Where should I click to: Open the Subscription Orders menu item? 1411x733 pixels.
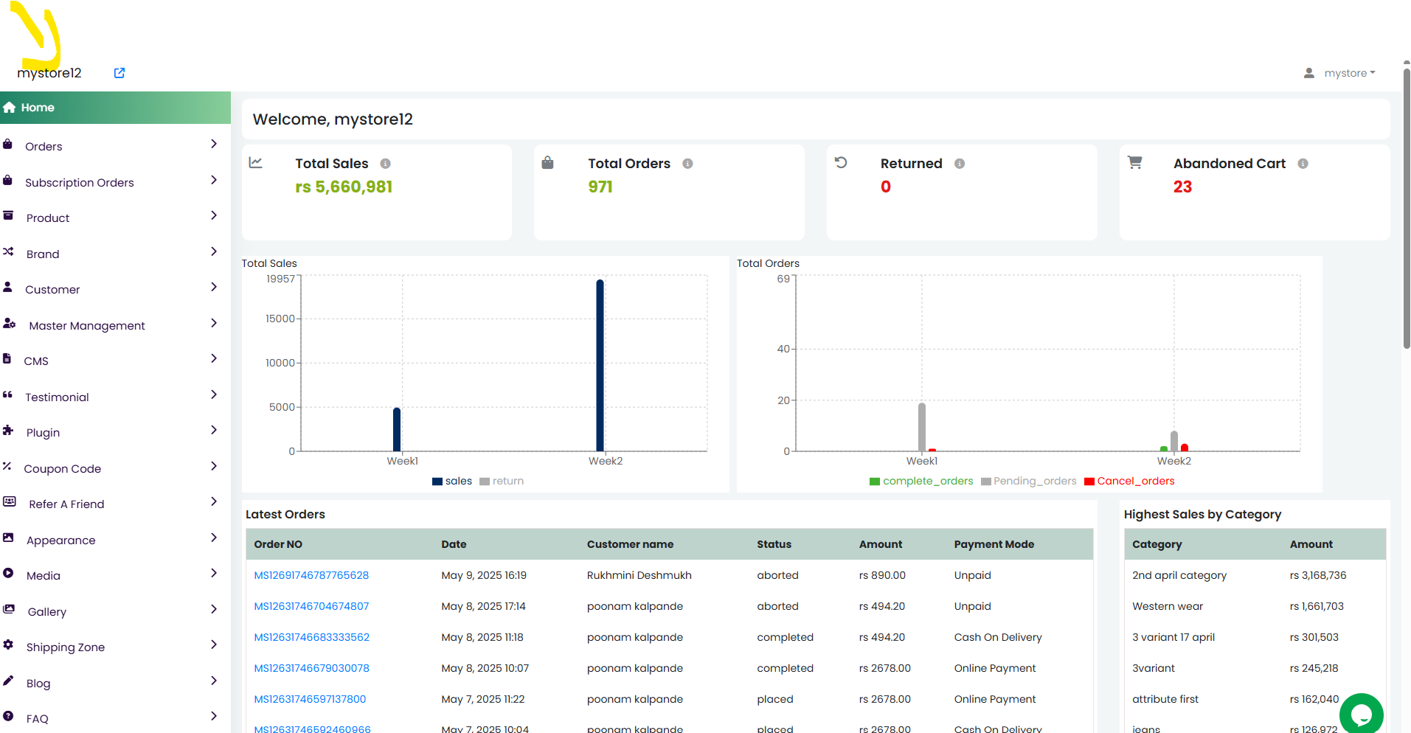pyautogui.click(x=80, y=182)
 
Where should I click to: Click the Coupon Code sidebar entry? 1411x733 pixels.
pyautogui.click(x=63, y=468)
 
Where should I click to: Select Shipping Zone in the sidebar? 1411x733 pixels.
pyautogui.click(x=66, y=647)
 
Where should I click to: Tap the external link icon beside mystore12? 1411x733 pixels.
pyautogui.click(x=119, y=73)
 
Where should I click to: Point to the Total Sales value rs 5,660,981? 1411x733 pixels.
pyautogui.click(x=344, y=187)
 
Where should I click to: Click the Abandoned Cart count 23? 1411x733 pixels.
pyautogui.click(x=1182, y=187)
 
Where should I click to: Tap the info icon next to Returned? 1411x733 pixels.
pyautogui.click(x=960, y=164)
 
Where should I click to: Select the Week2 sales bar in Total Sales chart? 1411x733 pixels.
pyautogui.click(x=600, y=365)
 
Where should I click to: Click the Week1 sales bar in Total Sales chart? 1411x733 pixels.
pyautogui.click(x=397, y=429)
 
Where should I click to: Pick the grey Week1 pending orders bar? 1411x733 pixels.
pyautogui.click(x=922, y=427)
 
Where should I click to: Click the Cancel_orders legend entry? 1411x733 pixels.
pyautogui.click(x=1129, y=481)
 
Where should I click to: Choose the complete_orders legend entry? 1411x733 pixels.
pyautogui.click(x=921, y=481)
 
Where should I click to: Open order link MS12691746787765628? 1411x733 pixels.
pyautogui.click(x=311, y=575)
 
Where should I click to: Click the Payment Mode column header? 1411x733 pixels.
pyautogui.click(x=994, y=544)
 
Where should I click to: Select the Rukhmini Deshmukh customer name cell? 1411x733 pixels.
pyautogui.click(x=639, y=575)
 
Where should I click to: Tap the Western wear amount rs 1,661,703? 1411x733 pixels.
pyautogui.click(x=1317, y=606)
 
